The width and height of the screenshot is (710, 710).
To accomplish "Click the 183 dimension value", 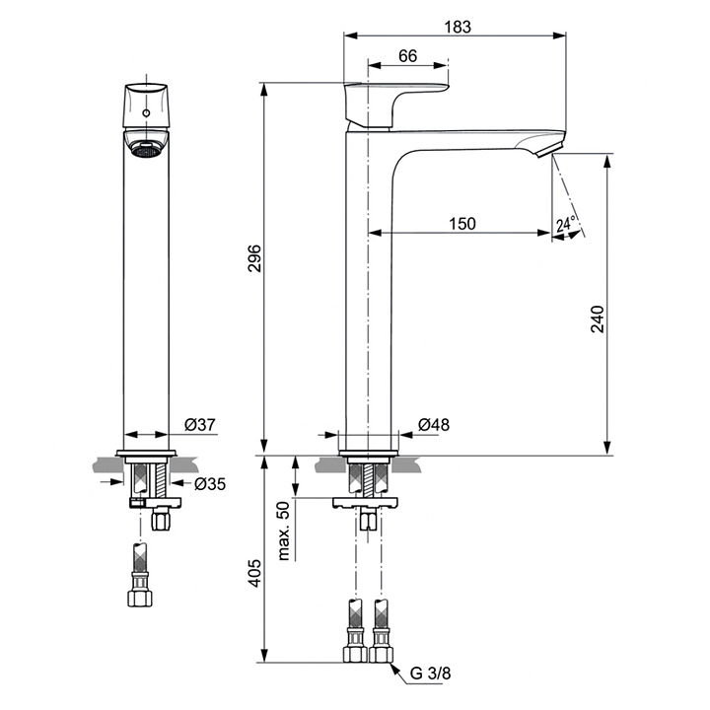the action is click(x=458, y=27).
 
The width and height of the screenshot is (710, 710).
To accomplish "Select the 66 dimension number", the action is click(x=407, y=55).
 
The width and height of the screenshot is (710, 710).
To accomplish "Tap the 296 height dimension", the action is click(x=255, y=258).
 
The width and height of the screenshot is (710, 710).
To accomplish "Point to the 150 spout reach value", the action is click(x=462, y=224).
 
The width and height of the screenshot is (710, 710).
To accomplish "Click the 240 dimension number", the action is click(x=598, y=319).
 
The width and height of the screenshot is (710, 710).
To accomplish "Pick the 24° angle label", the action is click(x=566, y=223).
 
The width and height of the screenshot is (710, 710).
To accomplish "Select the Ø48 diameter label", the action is click(x=434, y=424).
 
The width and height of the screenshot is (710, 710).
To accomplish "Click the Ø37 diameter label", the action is click(x=200, y=424).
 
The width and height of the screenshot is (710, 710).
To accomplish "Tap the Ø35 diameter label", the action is click(x=210, y=484).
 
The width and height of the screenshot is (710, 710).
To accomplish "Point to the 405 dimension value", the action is click(x=255, y=573).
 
